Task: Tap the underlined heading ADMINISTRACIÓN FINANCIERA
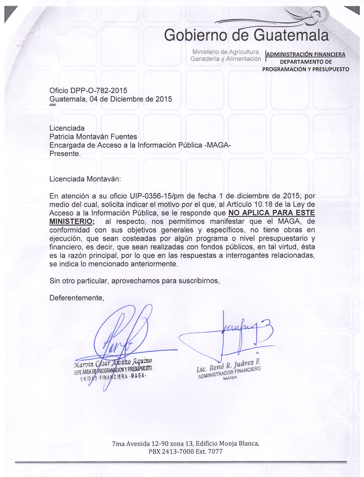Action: click(306, 54)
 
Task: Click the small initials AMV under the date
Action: click(52, 105)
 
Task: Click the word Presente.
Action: click(65, 154)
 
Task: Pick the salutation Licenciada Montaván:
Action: click(85, 179)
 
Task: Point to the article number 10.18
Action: click(261, 204)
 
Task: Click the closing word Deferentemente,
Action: click(76, 298)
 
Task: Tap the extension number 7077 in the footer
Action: click(215, 451)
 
